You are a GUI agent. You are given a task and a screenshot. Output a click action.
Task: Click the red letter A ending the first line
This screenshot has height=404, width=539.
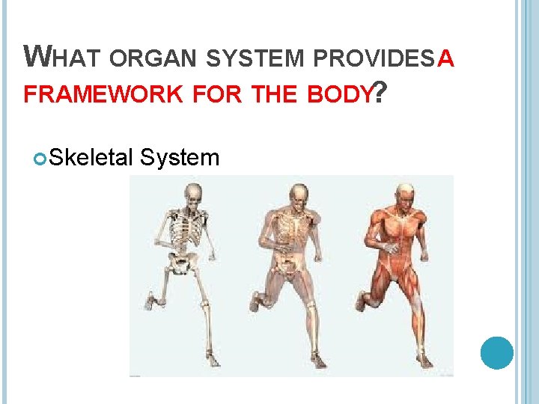pos(445,57)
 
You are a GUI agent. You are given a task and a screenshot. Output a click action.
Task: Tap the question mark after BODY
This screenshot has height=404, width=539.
pos(380,93)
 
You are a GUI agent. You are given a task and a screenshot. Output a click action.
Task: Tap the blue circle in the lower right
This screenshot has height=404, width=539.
pos(496,352)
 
